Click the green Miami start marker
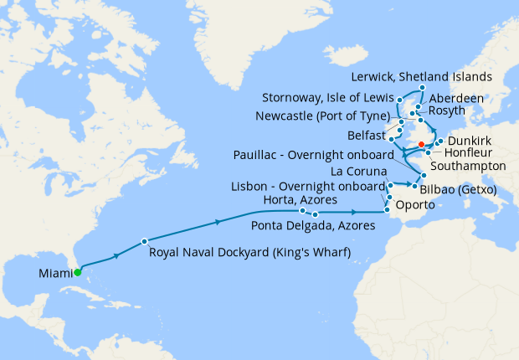(x=77, y=272)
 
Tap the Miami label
(x=54, y=273)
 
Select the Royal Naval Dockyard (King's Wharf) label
(x=249, y=251)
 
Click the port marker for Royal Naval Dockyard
(x=145, y=240)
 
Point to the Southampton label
(x=469, y=167)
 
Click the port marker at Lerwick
(x=422, y=88)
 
